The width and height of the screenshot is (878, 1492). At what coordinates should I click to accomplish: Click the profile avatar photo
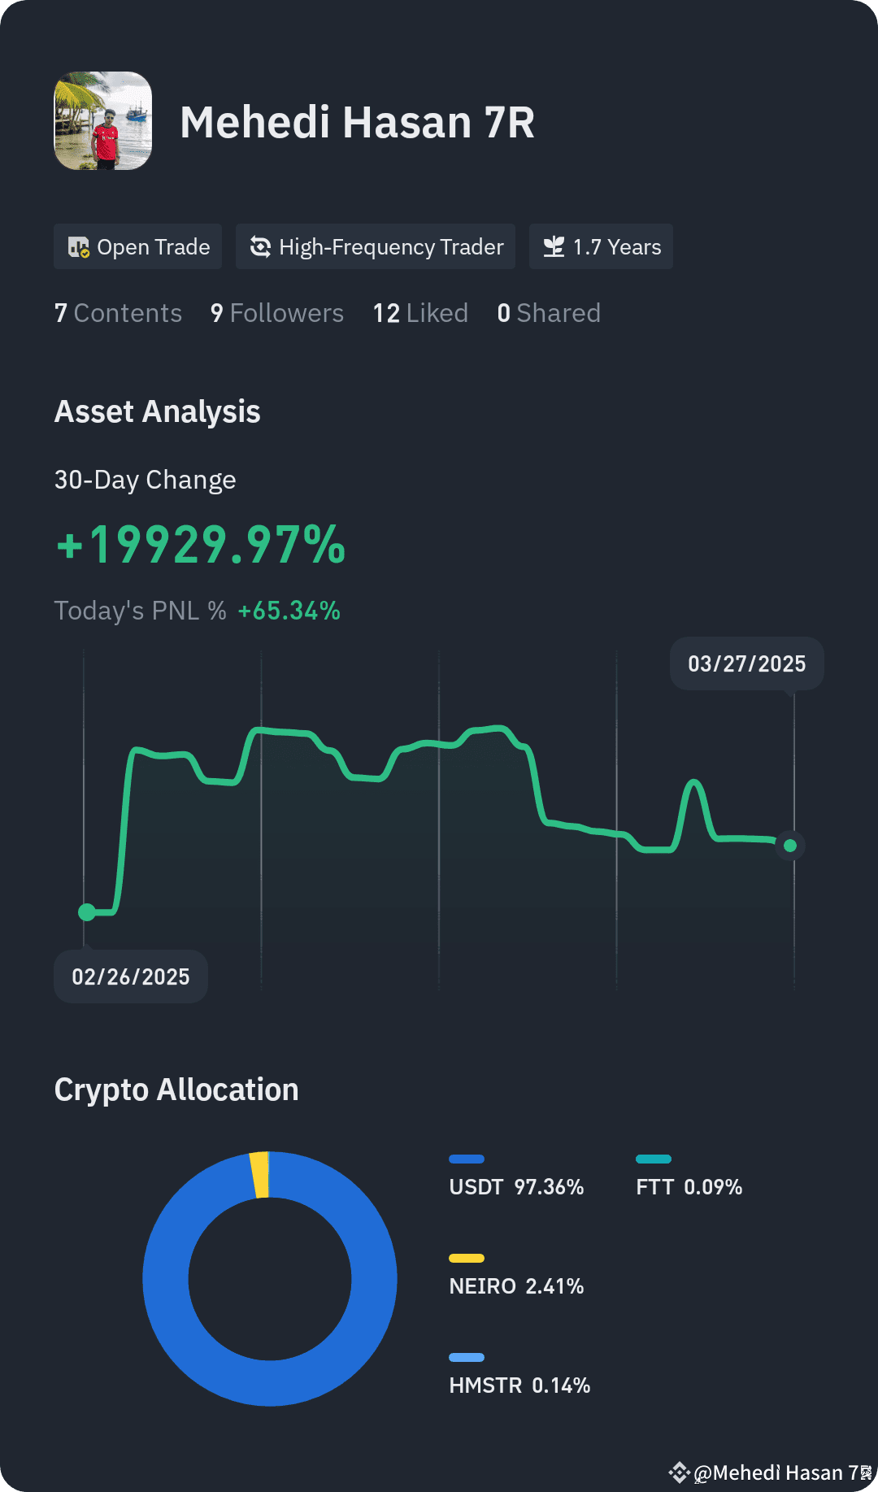click(102, 121)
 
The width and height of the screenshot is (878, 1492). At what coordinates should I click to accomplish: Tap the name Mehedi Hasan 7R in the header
click(357, 123)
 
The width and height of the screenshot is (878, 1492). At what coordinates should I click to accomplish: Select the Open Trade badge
click(137, 246)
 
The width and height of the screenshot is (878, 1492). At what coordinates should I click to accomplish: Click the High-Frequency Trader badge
click(376, 246)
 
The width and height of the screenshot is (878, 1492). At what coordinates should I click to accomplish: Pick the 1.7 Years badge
click(601, 246)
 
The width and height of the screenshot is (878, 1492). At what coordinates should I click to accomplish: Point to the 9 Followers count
click(276, 313)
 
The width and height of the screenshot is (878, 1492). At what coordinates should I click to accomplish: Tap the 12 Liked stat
click(420, 313)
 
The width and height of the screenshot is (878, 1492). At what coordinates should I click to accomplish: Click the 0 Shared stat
click(549, 313)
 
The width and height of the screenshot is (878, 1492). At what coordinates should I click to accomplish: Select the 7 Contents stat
click(118, 313)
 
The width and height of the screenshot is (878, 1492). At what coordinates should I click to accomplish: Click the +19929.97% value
click(201, 544)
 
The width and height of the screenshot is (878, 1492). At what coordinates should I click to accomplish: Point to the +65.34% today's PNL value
click(289, 611)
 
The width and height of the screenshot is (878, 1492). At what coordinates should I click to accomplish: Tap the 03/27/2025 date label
click(747, 663)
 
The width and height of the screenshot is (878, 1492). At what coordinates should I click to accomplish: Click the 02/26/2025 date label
click(131, 977)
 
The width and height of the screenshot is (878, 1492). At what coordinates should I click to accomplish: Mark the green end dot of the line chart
click(790, 846)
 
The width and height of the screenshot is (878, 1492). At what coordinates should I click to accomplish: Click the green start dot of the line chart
click(87, 912)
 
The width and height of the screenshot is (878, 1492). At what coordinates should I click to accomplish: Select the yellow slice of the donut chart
click(259, 1175)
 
